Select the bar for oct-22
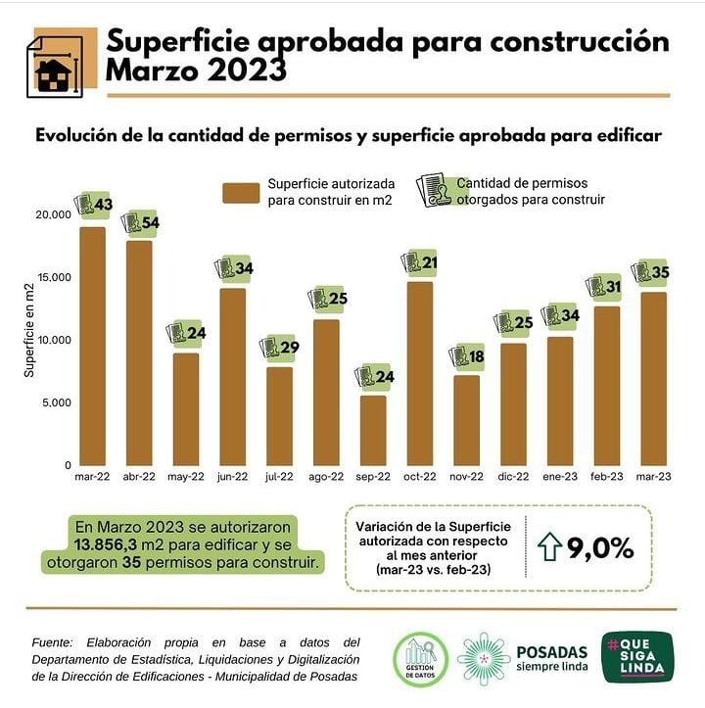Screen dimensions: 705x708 419,373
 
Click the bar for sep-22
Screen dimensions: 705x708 373,430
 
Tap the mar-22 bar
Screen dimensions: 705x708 93,347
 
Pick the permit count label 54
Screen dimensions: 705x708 151,222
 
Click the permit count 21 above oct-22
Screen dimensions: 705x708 429,262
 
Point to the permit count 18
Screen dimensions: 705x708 476,356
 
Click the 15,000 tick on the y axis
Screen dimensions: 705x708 54,277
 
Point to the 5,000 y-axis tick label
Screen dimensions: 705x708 57,402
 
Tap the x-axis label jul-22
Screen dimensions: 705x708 279,476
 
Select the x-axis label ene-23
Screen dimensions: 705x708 560,476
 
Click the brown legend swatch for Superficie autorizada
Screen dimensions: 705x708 241,193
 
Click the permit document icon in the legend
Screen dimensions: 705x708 434,190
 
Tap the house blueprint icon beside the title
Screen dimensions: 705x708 55,67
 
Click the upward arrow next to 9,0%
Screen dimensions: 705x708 549,546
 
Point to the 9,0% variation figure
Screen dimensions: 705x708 600,548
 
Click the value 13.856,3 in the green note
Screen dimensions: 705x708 106,545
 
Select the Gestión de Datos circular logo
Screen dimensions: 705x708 420,660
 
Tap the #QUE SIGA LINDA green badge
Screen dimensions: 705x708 637,657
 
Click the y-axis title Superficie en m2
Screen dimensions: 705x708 29,331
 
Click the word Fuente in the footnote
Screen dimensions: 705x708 53,642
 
